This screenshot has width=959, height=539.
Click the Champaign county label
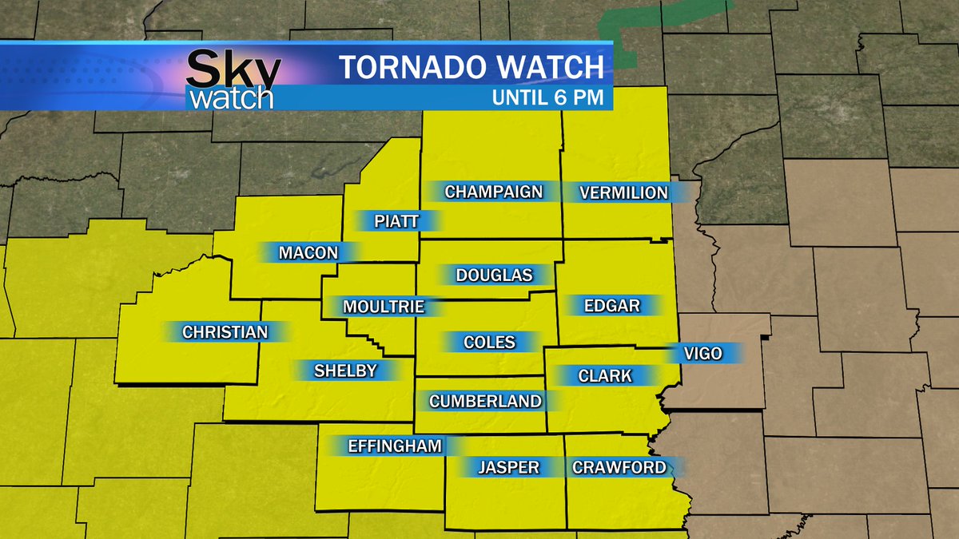493,192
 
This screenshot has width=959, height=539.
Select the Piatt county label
396,221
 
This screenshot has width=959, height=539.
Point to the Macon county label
308,253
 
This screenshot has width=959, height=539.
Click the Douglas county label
494,275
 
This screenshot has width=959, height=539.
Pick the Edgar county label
612,305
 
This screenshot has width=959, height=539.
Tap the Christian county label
225,331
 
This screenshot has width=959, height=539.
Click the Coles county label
489,343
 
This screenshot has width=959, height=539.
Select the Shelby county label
344,371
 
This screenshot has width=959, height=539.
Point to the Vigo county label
703,353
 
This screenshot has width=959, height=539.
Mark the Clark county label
605,375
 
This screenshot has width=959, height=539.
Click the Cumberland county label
485,402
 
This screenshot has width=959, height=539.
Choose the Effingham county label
395,446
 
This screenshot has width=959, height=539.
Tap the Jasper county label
508,467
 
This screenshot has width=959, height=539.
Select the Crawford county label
619,467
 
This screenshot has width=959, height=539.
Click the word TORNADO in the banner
407,67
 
